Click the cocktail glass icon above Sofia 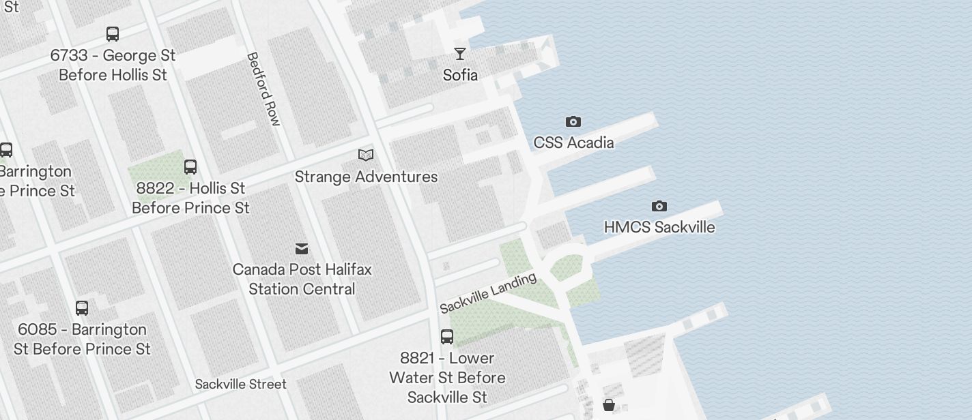(461, 53)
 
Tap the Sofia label (461, 74)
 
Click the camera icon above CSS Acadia (573, 121)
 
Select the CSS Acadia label (573, 142)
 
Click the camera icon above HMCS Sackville (659, 206)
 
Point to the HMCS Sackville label (659, 227)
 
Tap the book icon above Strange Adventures (366, 155)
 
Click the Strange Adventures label (366, 177)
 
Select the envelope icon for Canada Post (302, 248)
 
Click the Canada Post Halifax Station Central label (302, 279)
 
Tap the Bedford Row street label (263, 89)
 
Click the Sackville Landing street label (488, 293)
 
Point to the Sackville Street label (240, 384)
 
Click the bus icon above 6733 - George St (113, 34)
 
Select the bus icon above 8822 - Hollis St (190, 166)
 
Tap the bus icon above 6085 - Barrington (82, 308)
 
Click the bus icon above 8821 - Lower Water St (447, 336)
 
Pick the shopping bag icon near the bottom (609, 406)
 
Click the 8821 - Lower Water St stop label (447, 377)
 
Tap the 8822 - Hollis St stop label (190, 198)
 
